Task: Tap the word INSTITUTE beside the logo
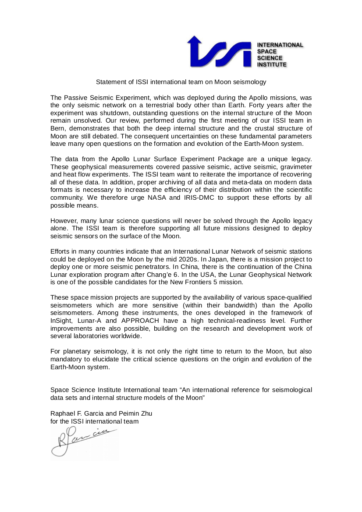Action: tap(272, 64)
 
